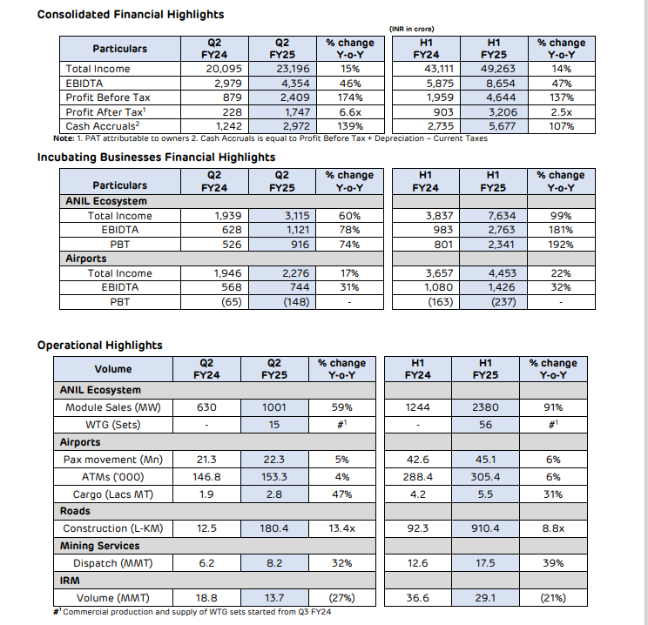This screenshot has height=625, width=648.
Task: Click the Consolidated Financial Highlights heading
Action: pos(130,15)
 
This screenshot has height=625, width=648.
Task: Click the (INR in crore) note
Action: pos(412,28)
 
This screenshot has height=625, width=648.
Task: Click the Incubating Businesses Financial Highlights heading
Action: pos(156,158)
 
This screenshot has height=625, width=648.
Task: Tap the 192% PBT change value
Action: pos(561,245)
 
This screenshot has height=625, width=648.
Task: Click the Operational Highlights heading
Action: pos(99,346)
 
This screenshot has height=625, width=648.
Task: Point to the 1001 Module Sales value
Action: pos(274,407)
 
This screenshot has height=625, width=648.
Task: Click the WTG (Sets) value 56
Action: pos(485,425)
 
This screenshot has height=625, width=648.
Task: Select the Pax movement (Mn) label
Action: pos(112,460)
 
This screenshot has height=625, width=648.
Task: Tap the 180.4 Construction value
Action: pos(274,528)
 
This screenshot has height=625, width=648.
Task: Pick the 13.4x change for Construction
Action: pos(341,528)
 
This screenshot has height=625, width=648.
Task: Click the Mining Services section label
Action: pos(99,546)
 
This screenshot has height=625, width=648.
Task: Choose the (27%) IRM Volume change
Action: pos(341,598)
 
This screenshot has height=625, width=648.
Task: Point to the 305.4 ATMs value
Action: pos(485,477)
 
